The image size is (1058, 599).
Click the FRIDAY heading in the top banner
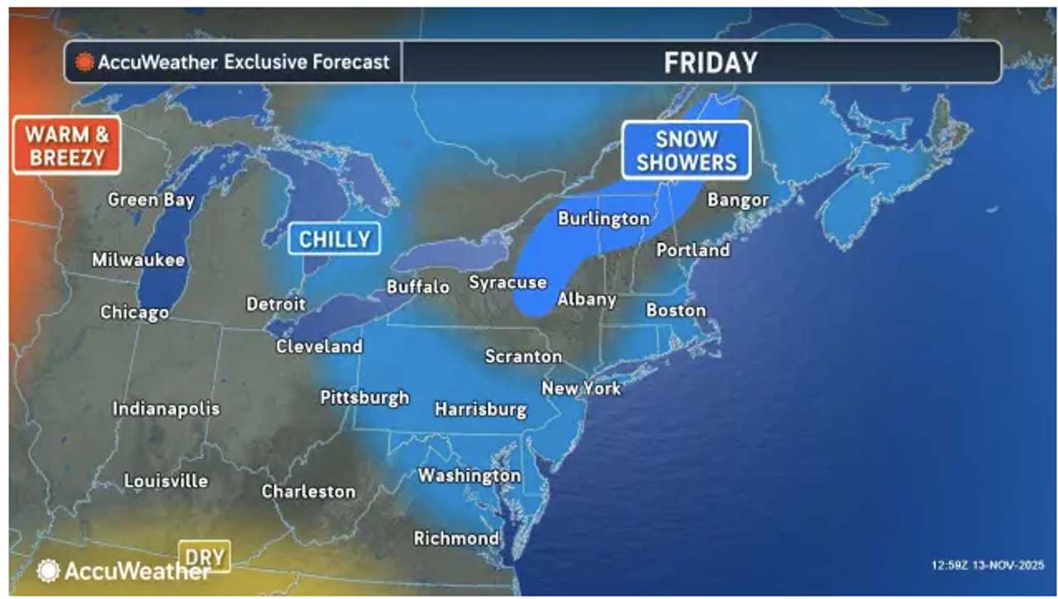(710, 62)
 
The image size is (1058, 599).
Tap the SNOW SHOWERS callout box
(686, 150)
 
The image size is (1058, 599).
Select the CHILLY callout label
(334, 239)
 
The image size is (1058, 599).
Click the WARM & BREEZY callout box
(66, 145)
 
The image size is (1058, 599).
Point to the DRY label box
(204, 557)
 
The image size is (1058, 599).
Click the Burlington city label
(603, 218)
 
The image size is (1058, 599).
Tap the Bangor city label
(738, 200)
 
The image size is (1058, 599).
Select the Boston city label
(676, 310)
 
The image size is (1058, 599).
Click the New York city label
(581, 387)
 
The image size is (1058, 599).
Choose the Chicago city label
(135, 312)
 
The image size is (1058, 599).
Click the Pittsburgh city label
(365, 397)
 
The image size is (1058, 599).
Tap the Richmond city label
(456, 538)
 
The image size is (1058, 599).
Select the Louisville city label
(166, 481)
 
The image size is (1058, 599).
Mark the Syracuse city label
(508, 282)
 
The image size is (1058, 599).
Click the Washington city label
(469, 476)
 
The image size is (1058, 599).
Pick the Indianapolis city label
(166, 409)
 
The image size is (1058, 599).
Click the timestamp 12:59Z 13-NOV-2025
(988, 565)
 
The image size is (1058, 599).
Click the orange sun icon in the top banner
(84, 62)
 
